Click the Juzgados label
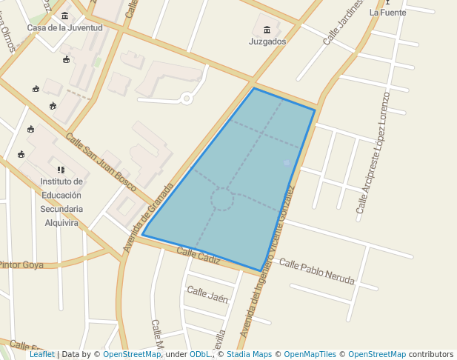coord(267,41)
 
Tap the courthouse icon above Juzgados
coord(267,30)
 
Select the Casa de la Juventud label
coord(64,27)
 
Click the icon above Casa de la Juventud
coord(65,16)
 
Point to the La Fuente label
coord(387,12)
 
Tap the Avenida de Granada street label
coord(147,219)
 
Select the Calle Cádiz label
coord(199,256)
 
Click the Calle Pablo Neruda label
coord(316,272)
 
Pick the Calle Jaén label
coord(207,294)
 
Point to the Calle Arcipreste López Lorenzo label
coord(373,153)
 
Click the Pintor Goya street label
coord(21,264)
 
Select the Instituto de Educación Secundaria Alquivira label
coord(61,201)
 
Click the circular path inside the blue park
coord(221,199)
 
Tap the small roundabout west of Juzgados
coord(187,98)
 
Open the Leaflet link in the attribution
coord(41,354)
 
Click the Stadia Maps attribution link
coord(247,354)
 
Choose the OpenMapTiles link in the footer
coord(310,354)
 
